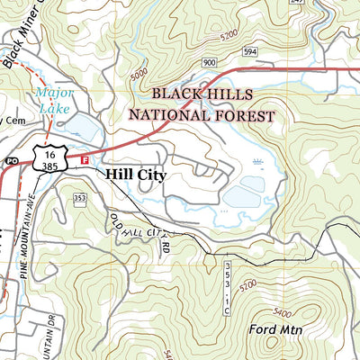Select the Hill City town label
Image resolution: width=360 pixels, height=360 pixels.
pyautogui.click(x=135, y=175)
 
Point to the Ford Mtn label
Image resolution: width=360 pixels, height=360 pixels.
pyautogui.click(x=275, y=330)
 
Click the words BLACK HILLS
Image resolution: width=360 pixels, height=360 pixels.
pyautogui.click(x=203, y=94)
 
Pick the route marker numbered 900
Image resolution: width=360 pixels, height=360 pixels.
pyautogui.click(x=210, y=62)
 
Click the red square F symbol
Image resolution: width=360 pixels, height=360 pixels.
pyautogui.click(x=85, y=160)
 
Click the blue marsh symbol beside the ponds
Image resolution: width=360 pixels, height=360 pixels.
pyautogui.click(x=259, y=163)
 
